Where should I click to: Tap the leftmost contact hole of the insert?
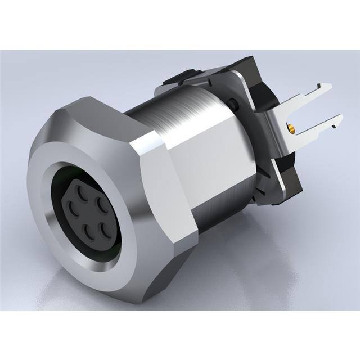72,208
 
